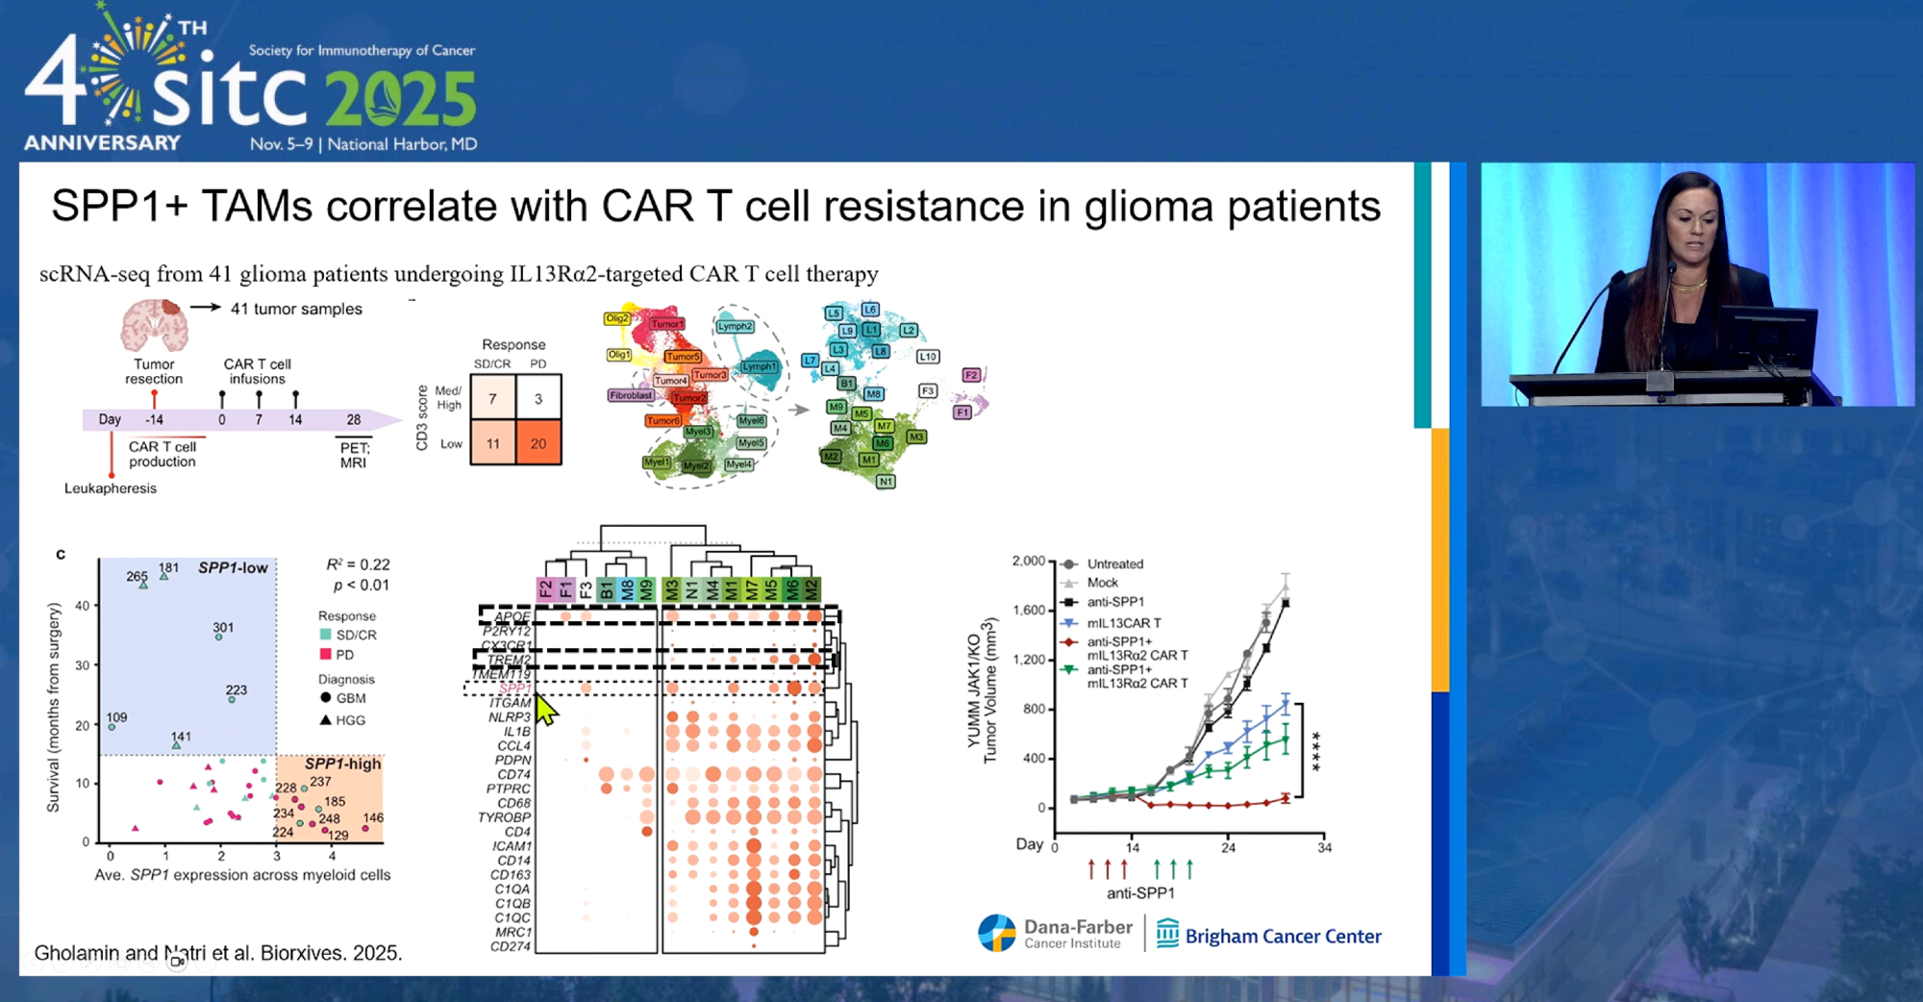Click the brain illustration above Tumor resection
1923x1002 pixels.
(154, 325)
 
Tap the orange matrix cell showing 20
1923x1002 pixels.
(538, 443)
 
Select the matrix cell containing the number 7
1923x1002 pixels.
(492, 398)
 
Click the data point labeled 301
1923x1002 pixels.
(219, 637)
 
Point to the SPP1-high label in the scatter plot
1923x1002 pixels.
(342, 764)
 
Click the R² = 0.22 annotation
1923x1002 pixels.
(358, 564)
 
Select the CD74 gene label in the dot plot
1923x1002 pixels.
(513, 774)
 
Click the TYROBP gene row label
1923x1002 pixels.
(504, 817)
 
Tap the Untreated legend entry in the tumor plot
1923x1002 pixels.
(1114, 564)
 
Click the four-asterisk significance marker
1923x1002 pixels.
(1315, 751)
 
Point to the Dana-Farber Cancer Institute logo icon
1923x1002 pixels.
(997, 933)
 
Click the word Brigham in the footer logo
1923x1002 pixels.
(1220, 937)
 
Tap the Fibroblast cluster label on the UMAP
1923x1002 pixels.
(631, 395)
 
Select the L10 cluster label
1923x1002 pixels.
(927, 357)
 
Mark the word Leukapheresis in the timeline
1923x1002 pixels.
(111, 488)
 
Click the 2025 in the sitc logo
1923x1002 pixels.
(400, 100)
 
